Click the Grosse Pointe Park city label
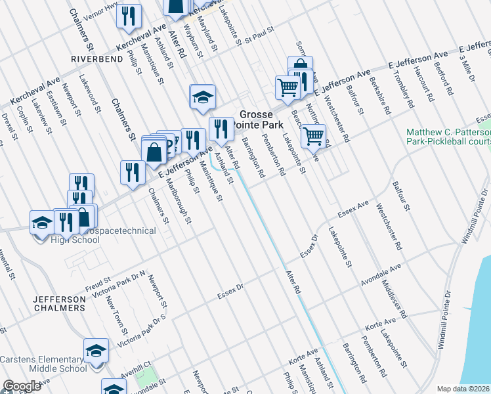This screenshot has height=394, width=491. [x=261, y=119]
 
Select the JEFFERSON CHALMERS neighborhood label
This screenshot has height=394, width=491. [x=59, y=304]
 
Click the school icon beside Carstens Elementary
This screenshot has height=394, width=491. [x=96, y=350]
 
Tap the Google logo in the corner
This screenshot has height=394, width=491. [x=22, y=386]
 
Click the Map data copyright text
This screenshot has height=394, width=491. [x=463, y=389]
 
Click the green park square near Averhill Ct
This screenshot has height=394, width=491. [x=148, y=376]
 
